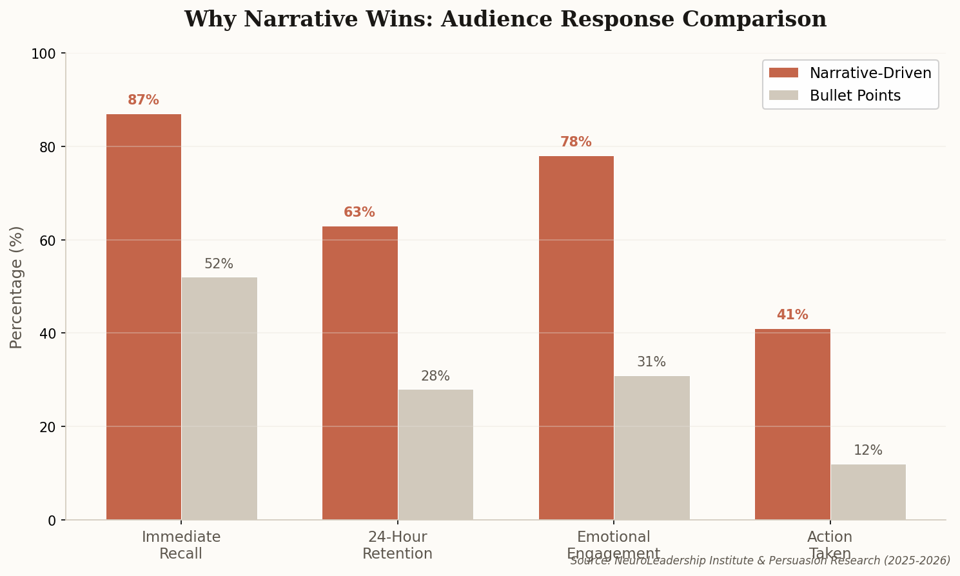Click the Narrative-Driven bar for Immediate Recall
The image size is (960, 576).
(143, 316)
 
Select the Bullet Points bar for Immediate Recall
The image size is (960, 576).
(219, 398)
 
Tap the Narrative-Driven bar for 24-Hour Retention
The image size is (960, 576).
(360, 373)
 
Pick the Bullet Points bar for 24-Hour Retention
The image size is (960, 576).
(435, 454)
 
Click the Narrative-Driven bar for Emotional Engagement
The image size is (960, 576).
(576, 337)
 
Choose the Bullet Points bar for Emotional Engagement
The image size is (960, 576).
(651, 447)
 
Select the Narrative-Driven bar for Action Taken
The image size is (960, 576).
(792, 424)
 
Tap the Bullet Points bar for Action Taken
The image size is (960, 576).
(868, 492)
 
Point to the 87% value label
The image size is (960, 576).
(143, 101)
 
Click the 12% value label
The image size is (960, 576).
(868, 451)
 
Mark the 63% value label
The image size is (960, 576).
(359, 213)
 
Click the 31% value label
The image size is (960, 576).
(651, 362)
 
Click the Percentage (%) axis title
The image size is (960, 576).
(17, 287)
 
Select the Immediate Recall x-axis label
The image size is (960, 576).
(181, 545)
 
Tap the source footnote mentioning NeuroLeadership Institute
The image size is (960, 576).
(760, 561)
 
